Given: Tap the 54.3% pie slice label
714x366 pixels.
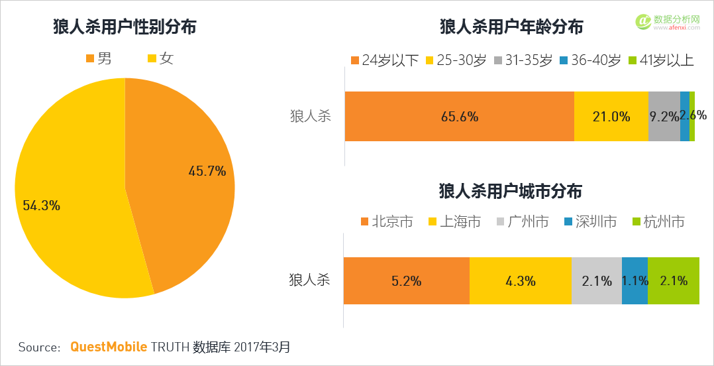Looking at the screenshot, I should coord(41,206).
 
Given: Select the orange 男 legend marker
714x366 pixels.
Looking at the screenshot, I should coord(91,58).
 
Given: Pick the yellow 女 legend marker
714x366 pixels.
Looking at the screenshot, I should coord(152,58).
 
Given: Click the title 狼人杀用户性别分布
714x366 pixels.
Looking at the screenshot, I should coord(125,27).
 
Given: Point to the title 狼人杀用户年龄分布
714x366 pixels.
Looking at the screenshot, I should coord(511,27).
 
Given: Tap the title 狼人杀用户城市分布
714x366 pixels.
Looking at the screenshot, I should coord(511,192).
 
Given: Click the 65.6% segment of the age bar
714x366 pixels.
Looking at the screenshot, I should coord(459,116).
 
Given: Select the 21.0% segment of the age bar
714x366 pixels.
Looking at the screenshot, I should coord(611,116).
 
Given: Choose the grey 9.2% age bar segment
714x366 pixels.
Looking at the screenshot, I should coord(664,116).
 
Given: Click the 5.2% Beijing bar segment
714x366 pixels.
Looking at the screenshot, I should coord(406,280).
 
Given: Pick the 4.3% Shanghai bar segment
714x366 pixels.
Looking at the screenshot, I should coord(520,280).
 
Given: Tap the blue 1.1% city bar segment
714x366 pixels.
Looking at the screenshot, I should coord(635,280).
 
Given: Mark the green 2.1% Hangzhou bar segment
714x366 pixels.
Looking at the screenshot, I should coord(673,280).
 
